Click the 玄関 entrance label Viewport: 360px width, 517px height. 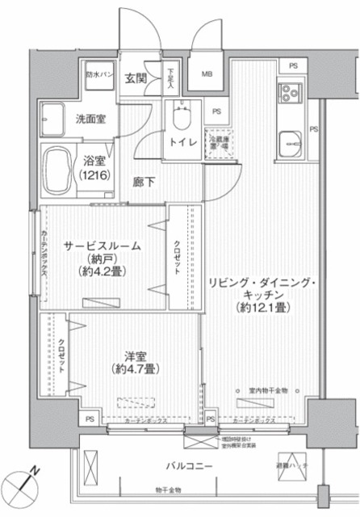pos(135,78)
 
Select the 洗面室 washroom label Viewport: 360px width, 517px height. pos(90,118)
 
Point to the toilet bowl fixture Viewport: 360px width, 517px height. pos(182,118)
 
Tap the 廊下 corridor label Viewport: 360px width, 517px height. pos(146,183)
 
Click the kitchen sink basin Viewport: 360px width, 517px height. pos(289,146)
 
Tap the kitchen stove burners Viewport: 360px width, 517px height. pos(289,97)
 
